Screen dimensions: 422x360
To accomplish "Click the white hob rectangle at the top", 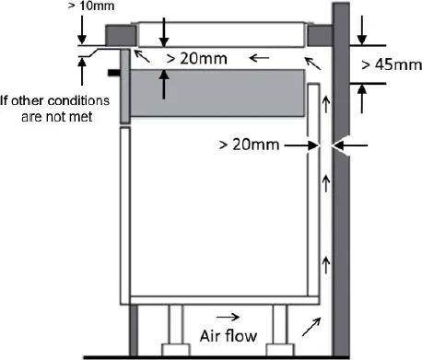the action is click(220, 34).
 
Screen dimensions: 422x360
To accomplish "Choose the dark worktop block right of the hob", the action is click(318, 35).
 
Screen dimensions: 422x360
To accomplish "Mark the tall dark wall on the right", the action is click(340, 180).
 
